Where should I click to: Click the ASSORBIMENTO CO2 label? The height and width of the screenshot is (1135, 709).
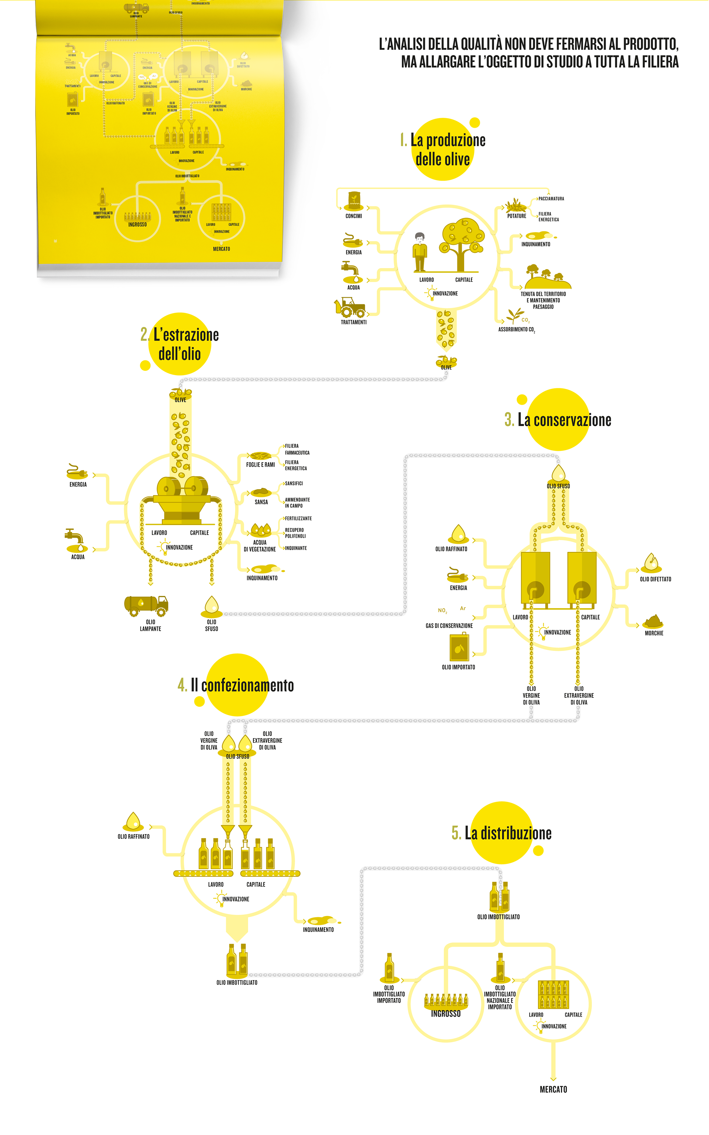click(516, 330)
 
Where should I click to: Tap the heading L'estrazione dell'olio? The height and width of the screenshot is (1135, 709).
click(180, 344)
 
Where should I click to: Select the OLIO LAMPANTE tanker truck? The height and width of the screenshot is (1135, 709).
click(146, 605)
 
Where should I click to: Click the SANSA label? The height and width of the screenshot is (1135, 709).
click(261, 502)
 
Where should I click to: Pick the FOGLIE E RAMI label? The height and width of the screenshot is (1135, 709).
click(260, 464)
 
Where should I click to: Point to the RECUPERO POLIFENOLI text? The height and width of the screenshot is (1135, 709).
click(295, 533)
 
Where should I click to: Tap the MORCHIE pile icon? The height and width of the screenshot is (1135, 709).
click(654, 622)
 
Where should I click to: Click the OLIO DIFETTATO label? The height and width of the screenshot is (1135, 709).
click(655, 579)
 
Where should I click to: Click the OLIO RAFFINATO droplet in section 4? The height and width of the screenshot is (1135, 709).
click(133, 822)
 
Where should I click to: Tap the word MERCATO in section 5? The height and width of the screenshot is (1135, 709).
click(553, 1090)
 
